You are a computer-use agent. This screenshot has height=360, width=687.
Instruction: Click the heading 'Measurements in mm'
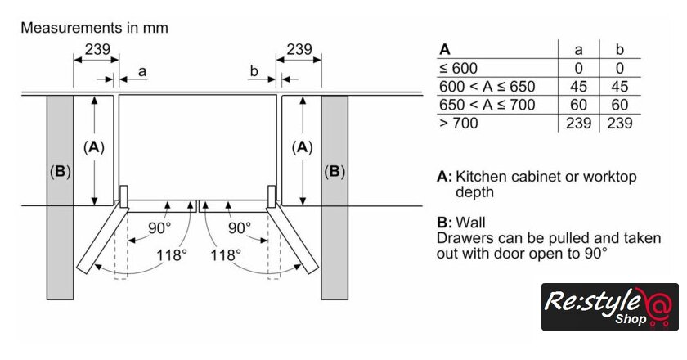tap(94, 28)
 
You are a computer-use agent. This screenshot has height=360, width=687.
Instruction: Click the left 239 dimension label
tap(97, 50)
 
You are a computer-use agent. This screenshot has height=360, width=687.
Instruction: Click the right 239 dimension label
tap(299, 50)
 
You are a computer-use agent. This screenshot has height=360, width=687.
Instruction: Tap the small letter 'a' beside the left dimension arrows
tap(141, 72)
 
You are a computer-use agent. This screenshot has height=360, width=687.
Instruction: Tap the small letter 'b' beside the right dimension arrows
tap(254, 72)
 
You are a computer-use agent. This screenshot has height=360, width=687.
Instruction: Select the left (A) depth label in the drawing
tap(95, 147)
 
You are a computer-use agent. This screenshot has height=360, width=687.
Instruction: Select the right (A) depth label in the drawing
tap(303, 147)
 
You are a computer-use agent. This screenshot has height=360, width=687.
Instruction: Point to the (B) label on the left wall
tap(61, 172)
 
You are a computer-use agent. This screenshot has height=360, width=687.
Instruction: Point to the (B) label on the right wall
tap(335, 172)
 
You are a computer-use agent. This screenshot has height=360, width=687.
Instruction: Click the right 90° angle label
tap(240, 227)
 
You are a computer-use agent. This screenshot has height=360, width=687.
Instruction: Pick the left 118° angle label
tap(172, 254)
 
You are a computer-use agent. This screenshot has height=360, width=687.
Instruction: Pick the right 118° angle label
tap(225, 254)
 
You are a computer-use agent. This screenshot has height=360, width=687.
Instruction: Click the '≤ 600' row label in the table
tap(458, 69)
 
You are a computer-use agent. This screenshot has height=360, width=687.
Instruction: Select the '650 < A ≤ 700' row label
tap(487, 105)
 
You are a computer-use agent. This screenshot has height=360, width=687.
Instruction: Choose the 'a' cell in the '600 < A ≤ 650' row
tap(578, 87)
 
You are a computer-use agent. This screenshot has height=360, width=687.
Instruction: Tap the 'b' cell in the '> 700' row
tap(620, 123)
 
